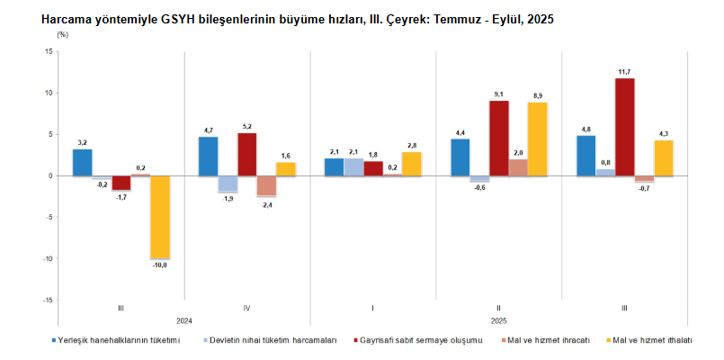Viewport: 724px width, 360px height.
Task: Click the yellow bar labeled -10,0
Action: (160, 217)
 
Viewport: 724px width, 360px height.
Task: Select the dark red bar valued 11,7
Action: (624, 127)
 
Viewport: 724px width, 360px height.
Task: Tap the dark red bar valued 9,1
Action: (498, 138)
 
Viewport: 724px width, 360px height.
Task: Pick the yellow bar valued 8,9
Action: (538, 139)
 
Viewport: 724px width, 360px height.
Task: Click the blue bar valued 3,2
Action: (82, 162)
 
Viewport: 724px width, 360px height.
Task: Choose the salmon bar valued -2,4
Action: (266, 185)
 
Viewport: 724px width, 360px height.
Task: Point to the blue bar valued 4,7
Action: (208, 156)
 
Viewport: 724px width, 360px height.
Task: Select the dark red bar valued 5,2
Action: (246, 154)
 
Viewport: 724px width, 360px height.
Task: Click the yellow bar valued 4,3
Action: (664, 157)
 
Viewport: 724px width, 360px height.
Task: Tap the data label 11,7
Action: (625, 71)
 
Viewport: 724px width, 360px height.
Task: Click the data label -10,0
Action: (160, 265)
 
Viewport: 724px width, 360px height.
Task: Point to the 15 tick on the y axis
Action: (49, 51)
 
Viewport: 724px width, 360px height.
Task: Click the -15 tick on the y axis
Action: (47, 300)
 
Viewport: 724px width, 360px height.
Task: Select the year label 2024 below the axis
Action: (183, 321)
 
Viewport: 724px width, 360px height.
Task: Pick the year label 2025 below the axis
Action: (499, 321)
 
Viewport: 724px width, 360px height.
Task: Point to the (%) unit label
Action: (62, 34)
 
